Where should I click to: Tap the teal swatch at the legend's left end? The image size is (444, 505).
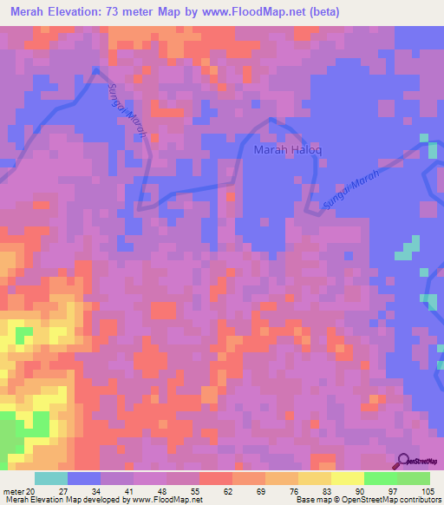[x=51, y=478]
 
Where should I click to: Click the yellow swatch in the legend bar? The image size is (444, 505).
[x=347, y=478]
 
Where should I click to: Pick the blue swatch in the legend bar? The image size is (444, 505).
[x=84, y=478]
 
